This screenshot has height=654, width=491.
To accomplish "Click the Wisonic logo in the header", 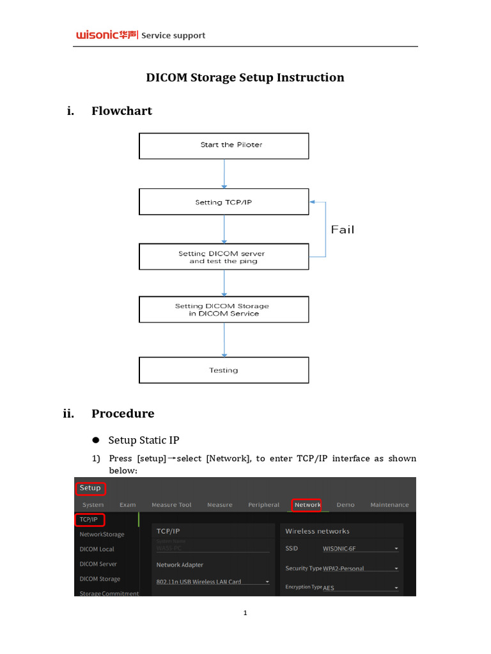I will pos(106,36).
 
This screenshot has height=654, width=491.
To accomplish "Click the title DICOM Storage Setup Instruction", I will pos(245,77).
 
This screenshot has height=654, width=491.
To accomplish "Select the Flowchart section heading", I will pos(121,111).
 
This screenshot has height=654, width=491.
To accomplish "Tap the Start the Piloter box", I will pos(224,146).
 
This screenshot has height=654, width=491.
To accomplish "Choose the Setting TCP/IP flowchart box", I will pos(224,202).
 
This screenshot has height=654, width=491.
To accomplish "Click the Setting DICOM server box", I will pos(224,257).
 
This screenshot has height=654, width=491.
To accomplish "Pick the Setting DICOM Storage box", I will pos(224,310).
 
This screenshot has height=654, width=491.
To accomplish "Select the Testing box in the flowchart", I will pos(224,370).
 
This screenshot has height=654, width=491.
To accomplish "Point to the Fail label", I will pos(343,229).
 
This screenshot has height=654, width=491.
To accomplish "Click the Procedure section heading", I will pos(123,413).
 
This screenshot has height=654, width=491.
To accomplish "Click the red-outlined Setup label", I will pos(90,488).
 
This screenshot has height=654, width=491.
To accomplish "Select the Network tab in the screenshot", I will pos(307,505).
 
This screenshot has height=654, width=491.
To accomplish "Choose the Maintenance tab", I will pos(389,505).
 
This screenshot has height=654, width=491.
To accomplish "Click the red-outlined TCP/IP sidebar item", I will pos(90,519).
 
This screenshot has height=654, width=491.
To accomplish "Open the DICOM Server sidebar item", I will pos(98,564).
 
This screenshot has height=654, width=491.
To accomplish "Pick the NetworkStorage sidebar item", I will pos(102,534).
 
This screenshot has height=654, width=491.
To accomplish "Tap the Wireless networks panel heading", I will pos(317,531).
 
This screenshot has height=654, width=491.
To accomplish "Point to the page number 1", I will pos(245,614).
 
